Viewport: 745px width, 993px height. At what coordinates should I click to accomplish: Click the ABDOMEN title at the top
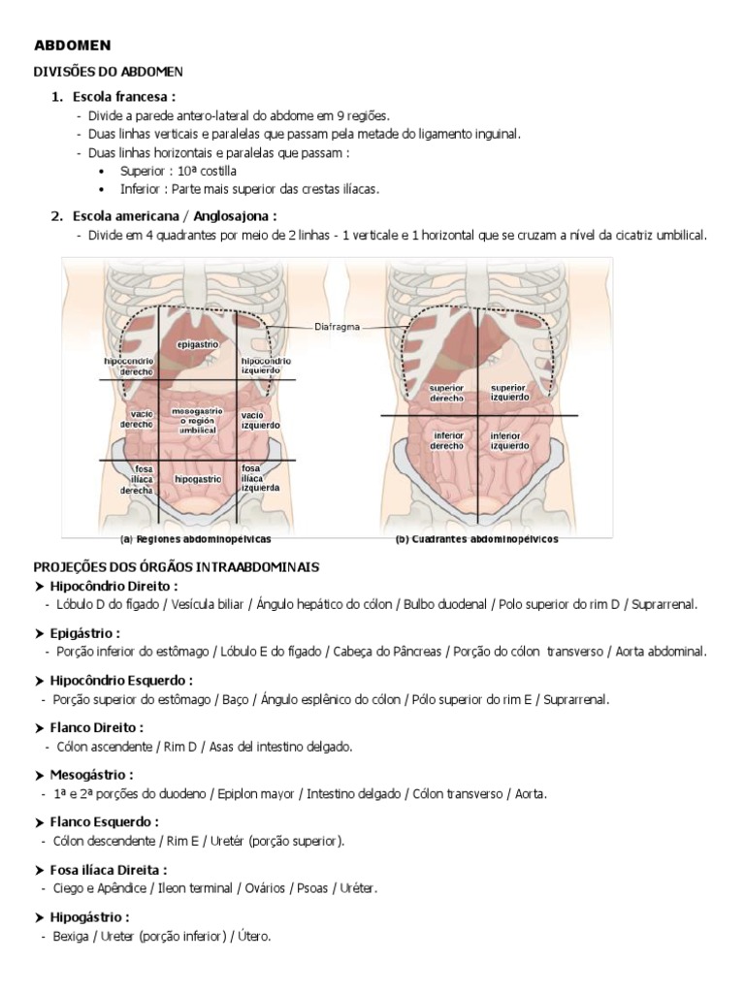coord(73,45)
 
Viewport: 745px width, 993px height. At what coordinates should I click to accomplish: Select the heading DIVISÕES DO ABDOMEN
coord(109,72)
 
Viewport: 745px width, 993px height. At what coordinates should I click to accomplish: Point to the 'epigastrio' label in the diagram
coord(198,344)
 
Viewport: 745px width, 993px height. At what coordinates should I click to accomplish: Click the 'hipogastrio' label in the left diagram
coord(198,479)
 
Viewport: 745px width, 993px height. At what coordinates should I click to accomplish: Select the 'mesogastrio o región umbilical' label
coord(198,419)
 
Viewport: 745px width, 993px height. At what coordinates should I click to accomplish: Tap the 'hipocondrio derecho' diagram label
coord(129,366)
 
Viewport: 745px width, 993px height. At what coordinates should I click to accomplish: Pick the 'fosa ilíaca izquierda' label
coord(261,477)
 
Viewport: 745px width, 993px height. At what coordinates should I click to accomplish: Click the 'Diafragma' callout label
coord(337,327)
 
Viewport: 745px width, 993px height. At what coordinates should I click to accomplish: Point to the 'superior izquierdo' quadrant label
coord(509,393)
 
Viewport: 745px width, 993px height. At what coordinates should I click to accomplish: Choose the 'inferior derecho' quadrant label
coord(446,441)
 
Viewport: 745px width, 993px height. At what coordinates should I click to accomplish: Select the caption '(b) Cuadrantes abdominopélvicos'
coord(476,539)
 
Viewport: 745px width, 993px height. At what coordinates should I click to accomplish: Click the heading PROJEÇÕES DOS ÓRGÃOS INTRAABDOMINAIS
coord(177,565)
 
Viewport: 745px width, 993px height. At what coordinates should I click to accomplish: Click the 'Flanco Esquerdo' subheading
coord(104,821)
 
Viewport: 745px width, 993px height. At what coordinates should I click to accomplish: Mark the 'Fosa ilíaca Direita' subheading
coord(109,870)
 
